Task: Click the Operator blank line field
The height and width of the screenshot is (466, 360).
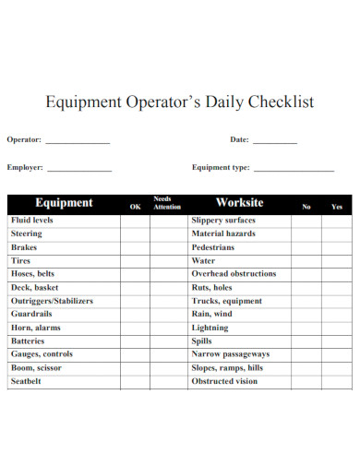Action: tap(78, 142)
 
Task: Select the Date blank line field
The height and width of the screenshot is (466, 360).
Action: tap(275, 142)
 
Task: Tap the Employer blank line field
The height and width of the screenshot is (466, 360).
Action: tap(79, 170)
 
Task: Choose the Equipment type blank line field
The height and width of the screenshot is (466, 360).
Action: tap(294, 170)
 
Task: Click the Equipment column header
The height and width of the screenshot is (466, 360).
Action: tap(64, 203)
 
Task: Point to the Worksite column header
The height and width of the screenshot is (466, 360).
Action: tap(239, 203)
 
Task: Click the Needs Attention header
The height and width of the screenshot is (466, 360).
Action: tap(167, 203)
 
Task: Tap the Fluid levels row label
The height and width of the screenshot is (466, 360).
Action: tap(32, 221)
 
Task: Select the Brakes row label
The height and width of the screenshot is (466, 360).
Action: tap(25, 248)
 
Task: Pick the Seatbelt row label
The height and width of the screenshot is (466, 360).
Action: tap(28, 381)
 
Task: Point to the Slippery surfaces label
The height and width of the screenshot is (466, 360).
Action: tap(223, 221)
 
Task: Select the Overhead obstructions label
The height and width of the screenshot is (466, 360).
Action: tap(234, 274)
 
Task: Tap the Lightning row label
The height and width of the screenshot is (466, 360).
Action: tap(210, 328)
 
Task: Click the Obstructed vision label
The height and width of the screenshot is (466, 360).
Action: tap(224, 381)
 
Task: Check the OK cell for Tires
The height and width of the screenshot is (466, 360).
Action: tap(135, 261)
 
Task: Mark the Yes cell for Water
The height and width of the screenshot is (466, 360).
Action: tap(337, 261)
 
